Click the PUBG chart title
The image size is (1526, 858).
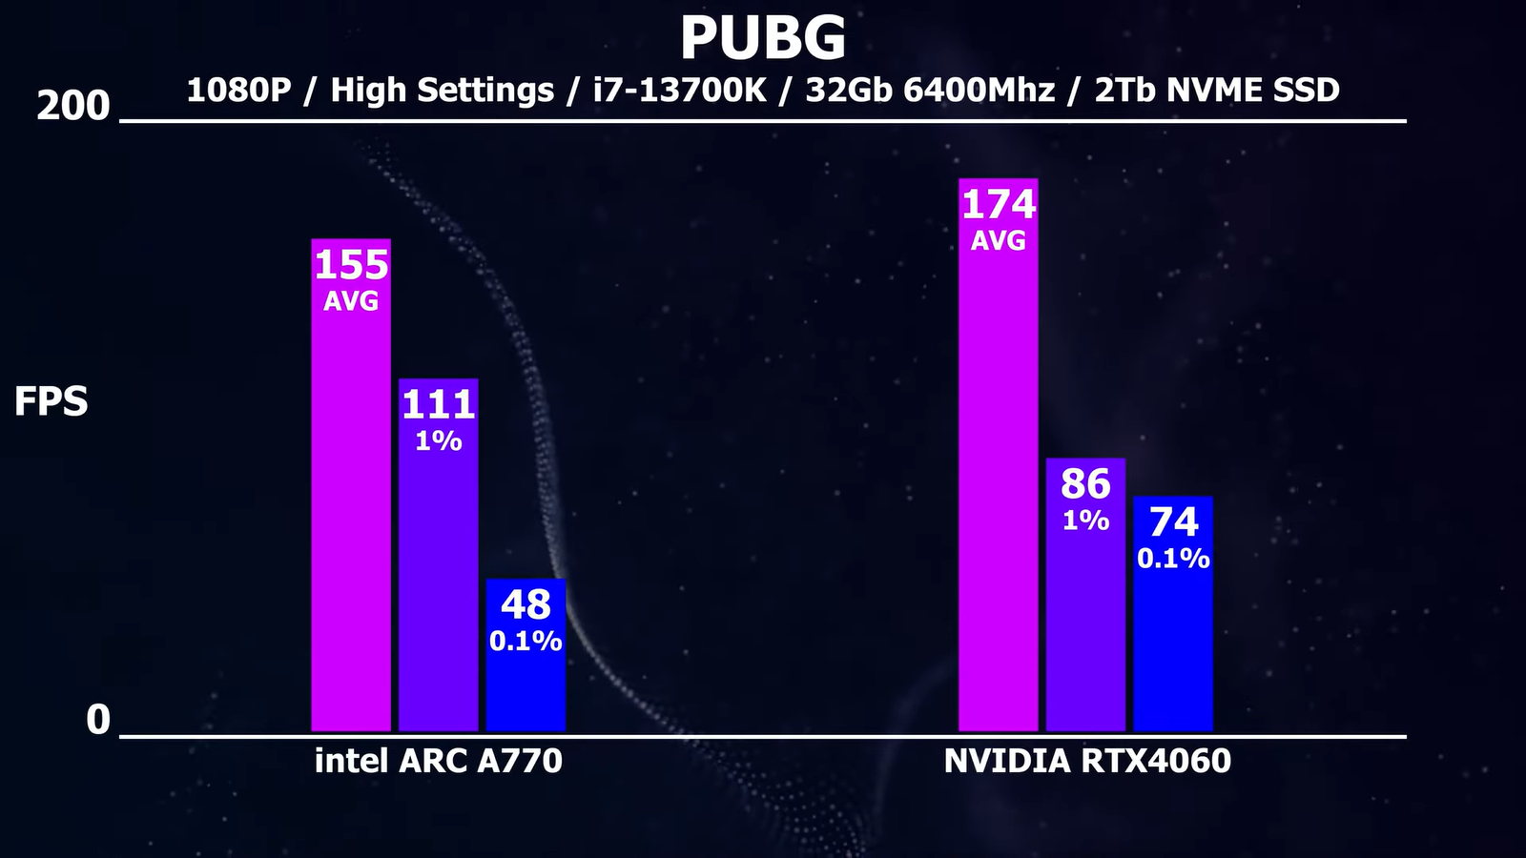click(x=763, y=38)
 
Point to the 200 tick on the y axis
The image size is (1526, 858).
click(x=73, y=106)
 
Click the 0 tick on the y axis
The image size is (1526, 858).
click(x=98, y=720)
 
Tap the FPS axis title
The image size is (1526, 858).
click(x=52, y=402)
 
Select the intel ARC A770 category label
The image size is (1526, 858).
click(x=439, y=761)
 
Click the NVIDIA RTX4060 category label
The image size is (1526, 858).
click(x=1087, y=761)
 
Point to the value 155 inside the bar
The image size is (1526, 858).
click(x=351, y=265)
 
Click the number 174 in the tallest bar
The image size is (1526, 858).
click(x=998, y=205)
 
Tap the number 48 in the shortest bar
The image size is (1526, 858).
click(x=526, y=605)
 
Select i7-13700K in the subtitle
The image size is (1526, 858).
click(x=679, y=90)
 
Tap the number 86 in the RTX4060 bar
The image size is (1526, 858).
click(x=1085, y=484)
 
